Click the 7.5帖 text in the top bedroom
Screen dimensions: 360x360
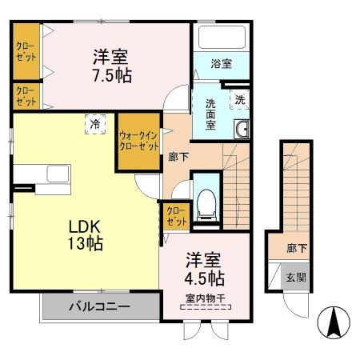[x=111, y=75]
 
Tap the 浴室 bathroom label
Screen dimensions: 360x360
[x=222, y=63]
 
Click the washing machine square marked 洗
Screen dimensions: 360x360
[x=239, y=99]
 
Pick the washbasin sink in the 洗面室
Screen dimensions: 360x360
[x=242, y=129]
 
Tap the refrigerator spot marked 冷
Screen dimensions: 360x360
[x=95, y=124]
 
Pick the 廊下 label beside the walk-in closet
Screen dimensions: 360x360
[x=179, y=157]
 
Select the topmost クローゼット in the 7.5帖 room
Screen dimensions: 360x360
[x=25, y=52]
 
